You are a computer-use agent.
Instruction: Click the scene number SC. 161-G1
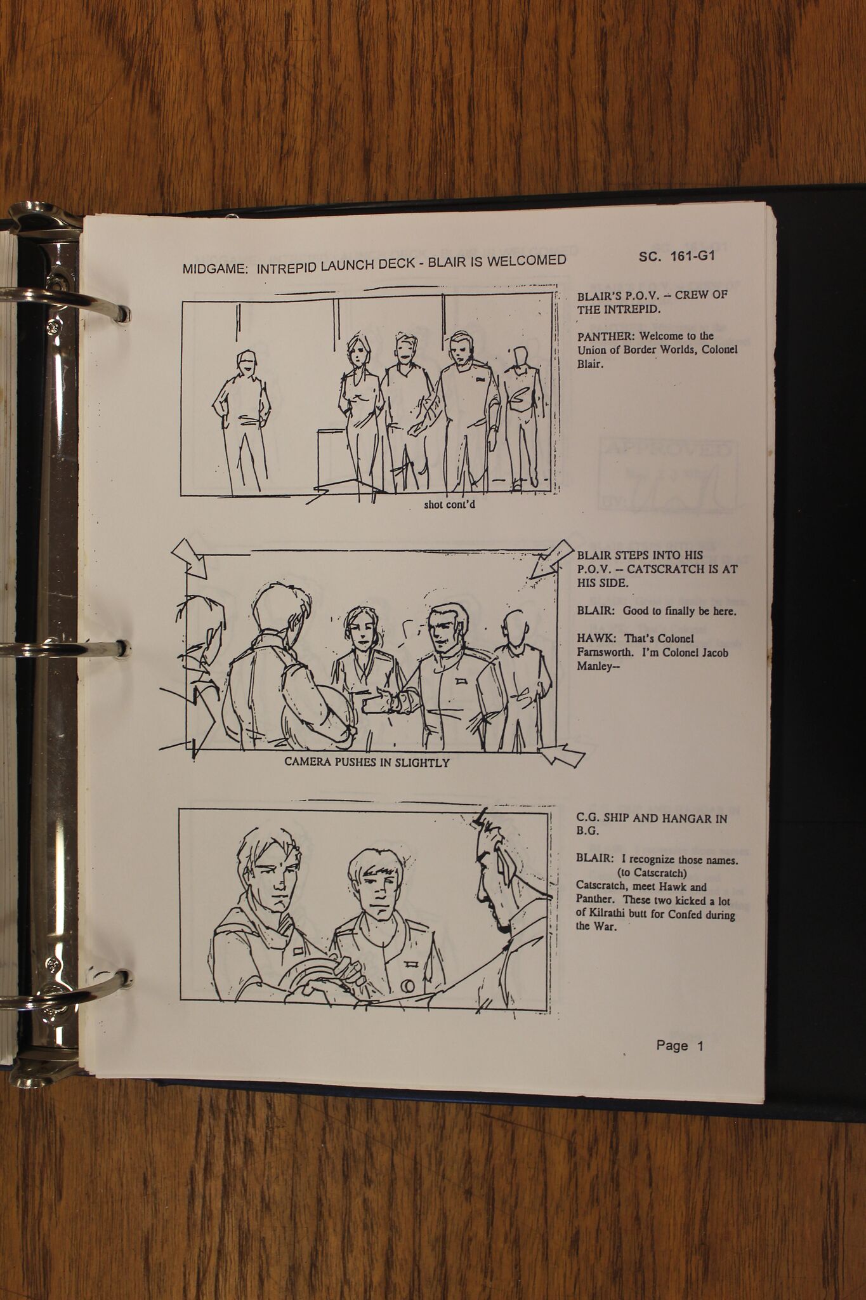click(x=677, y=256)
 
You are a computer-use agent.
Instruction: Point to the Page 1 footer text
click(x=680, y=1045)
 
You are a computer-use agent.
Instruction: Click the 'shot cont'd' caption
click(x=449, y=505)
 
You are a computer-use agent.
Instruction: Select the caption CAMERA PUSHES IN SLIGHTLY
click(x=367, y=762)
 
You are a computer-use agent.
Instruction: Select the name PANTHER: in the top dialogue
click(x=605, y=336)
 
